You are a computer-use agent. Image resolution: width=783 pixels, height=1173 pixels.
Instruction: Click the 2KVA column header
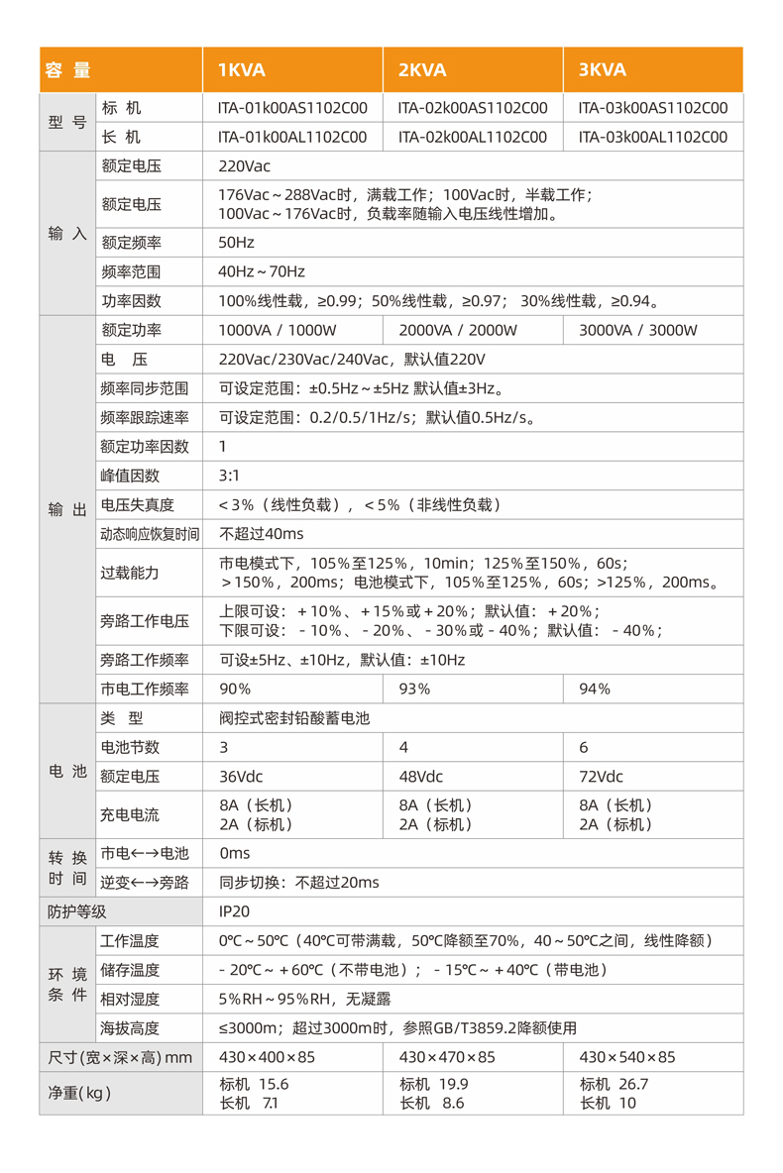point(422,69)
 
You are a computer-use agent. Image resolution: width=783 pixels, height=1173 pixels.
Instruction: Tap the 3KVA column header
point(603,69)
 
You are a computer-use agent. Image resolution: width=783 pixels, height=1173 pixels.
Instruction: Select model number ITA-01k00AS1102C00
point(292,108)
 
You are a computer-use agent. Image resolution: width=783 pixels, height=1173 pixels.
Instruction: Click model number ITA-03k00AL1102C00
point(653,137)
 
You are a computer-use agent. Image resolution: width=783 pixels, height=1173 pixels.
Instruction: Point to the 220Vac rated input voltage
point(244,165)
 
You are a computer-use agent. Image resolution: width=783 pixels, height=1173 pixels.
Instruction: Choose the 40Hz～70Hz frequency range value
point(262,271)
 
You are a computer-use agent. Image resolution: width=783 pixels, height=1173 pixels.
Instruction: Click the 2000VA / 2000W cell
point(458,330)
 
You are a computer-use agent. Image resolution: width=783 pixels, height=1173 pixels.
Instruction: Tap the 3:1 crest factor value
point(228,476)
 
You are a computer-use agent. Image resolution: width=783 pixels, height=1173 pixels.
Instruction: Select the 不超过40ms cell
point(262,534)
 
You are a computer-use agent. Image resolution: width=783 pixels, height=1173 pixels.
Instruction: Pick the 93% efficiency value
point(414,689)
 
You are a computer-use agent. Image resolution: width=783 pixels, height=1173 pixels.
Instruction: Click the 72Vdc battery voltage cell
point(602,776)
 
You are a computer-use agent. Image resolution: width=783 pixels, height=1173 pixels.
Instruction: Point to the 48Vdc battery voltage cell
point(421,776)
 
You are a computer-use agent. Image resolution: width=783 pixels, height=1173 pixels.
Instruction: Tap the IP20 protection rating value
point(234,911)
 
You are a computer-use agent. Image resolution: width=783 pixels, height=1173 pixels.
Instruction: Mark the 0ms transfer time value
point(234,853)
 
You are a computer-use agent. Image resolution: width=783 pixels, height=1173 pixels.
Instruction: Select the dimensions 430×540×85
point(627,1058)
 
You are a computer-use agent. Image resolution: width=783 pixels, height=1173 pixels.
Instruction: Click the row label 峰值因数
point(131,476)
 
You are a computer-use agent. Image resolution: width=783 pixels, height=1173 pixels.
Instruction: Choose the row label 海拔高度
point(131,1028)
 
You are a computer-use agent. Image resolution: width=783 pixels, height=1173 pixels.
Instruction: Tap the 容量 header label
point(67,70)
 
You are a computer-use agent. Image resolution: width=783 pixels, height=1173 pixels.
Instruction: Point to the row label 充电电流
point(131,814)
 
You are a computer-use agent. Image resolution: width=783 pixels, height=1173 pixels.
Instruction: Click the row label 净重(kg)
point(80,1094)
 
